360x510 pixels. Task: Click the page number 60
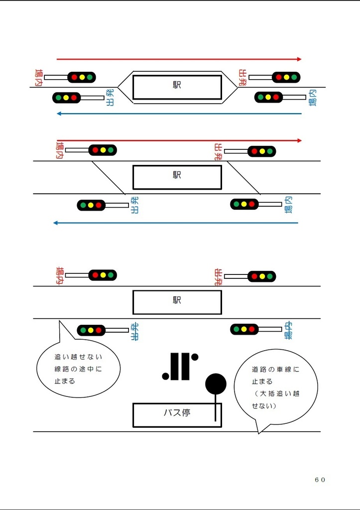320,479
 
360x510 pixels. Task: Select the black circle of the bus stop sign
216,383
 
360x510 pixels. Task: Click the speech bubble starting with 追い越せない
78,368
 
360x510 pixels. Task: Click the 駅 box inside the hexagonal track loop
177,87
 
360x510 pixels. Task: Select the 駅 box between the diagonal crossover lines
177,177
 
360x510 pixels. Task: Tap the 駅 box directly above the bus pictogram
177,302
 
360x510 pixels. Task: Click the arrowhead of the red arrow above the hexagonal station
299,59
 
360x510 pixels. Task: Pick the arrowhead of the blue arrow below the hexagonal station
59,114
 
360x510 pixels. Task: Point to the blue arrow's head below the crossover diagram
56,223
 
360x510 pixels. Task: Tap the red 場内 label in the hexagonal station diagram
38,78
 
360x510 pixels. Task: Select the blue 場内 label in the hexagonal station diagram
312,98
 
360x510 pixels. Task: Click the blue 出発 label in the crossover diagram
134,205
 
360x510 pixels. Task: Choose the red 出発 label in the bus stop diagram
218,276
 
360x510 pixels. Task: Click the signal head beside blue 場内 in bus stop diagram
244,329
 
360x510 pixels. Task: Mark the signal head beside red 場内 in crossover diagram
103,150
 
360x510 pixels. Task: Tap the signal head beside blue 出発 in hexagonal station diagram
66,98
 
